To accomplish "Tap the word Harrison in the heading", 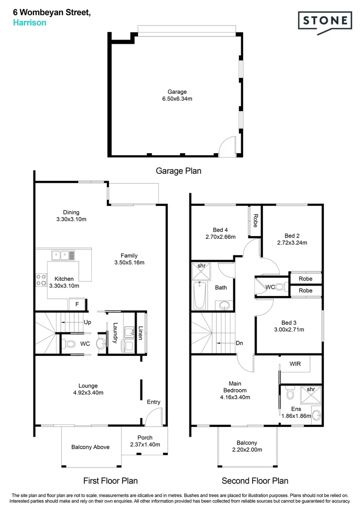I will (x=29, y=22).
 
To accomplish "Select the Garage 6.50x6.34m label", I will (x=177, y=95).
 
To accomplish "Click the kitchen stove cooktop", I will (x=40, y=280).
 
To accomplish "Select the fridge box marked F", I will (x=77, y=304).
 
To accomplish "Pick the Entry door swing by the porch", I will (x=152, y=418).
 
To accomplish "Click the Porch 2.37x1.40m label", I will (x=145, y=441).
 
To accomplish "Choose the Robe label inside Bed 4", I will (x=255, y=221).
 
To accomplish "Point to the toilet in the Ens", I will (x=290, y=393).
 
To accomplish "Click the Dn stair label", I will (x=239, y=343).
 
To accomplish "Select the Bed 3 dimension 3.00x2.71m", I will (x=289, y=329).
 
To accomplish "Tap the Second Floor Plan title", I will (x=255, y=481).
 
